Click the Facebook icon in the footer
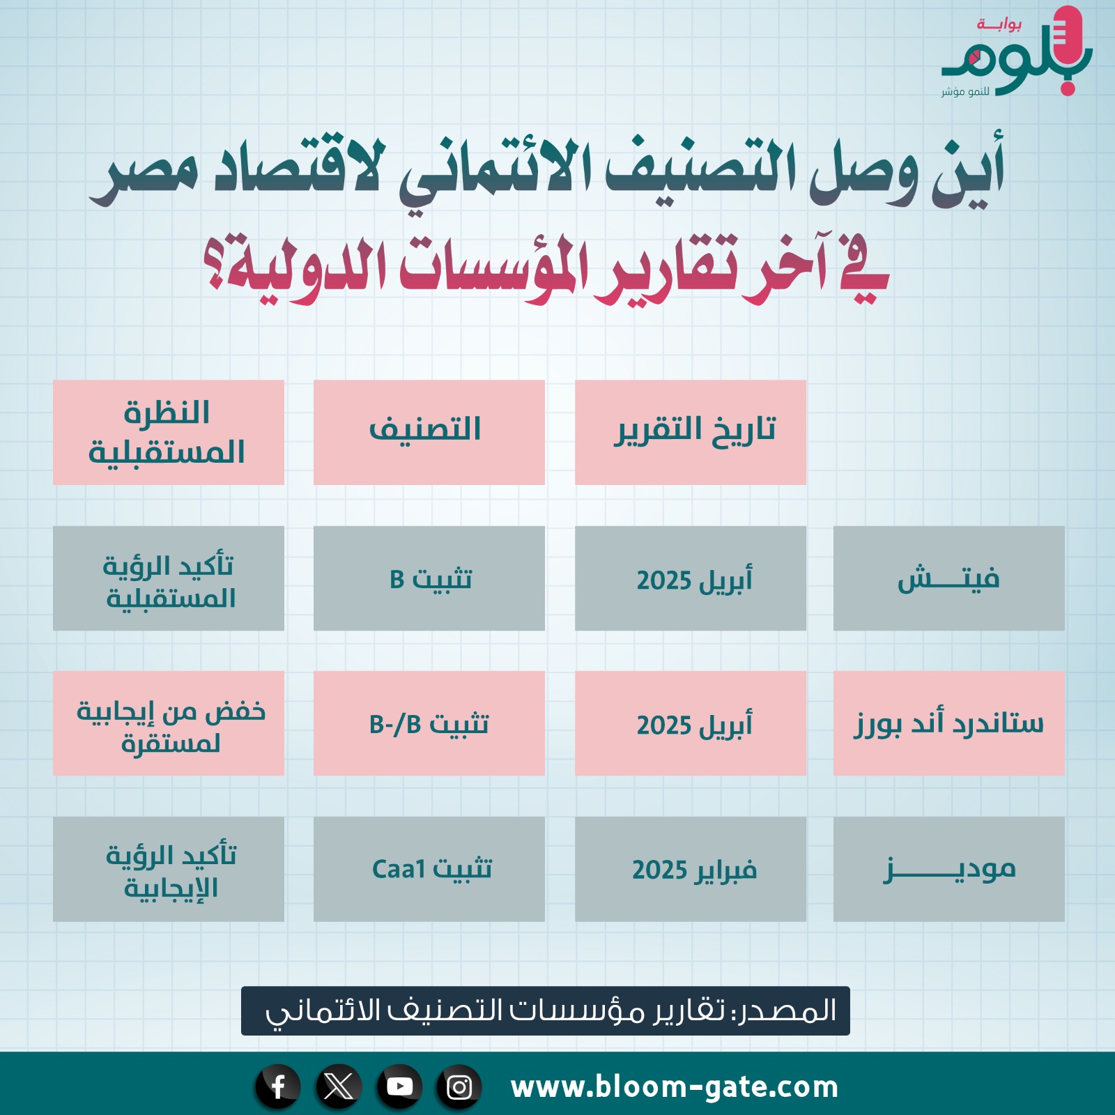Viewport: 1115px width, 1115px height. (278, 1086)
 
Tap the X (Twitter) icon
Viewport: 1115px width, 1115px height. (339, 1086)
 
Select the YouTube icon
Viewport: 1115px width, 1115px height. (399, 1086)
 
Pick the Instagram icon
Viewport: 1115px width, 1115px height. (459, 1086)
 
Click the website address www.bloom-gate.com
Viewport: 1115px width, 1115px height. (675, 1087)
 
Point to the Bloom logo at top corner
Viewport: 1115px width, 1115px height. (1017, 52)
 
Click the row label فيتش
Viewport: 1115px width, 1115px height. (949, 578)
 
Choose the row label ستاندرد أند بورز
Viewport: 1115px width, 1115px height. (949, 723)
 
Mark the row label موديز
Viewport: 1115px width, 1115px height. (949, 869)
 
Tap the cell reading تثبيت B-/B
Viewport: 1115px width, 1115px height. (429, 723)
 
